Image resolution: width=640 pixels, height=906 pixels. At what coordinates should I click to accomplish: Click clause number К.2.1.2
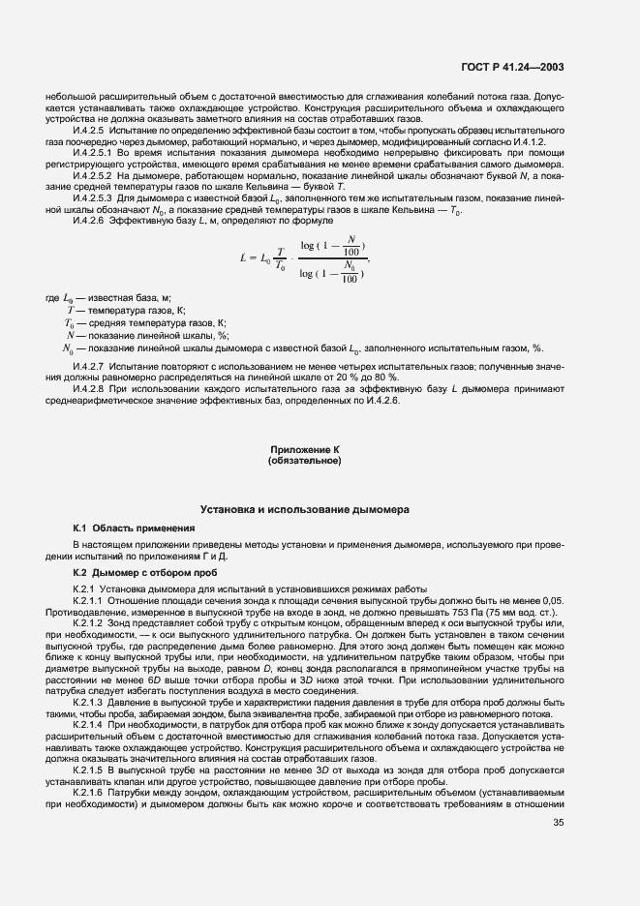point(92,623)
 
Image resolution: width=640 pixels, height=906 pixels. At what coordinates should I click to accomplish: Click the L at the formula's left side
point(241,257)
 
